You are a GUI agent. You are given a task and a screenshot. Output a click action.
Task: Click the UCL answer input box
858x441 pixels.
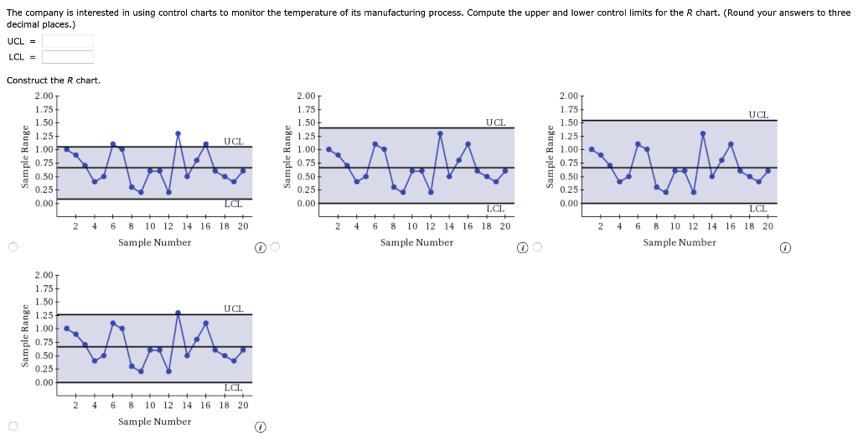tap(67, 41)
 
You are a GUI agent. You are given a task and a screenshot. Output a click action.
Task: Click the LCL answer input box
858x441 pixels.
tap(67, 57)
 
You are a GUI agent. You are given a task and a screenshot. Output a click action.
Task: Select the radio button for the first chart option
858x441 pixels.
tap(12, 247)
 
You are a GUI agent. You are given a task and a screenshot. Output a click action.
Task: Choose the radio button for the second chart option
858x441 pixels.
tap(275, 247)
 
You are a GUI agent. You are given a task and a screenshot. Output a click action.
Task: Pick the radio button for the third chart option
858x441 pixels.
tap(538, 247)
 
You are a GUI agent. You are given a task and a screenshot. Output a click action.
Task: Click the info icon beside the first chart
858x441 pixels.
tap(261, 248)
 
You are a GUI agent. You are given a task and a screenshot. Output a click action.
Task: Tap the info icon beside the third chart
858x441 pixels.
tap(785, 248)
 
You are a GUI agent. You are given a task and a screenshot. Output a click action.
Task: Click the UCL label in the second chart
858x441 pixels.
tap(495, 122)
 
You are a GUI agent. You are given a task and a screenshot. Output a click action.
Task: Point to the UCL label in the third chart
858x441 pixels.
tap(758, 115)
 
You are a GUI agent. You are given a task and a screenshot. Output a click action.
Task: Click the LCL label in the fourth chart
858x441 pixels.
tap(233, 387)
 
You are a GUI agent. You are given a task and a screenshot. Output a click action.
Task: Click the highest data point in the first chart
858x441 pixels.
tap(178, 133)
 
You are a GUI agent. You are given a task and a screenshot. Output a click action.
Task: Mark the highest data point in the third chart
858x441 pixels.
tap(703, 133)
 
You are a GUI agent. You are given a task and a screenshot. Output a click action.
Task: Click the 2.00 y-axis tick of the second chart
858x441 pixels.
tap(306, 97)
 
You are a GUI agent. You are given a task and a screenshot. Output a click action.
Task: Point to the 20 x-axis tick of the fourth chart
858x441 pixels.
tap(243, 405)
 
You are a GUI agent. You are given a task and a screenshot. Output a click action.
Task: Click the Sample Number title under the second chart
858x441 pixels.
tap(416, 242)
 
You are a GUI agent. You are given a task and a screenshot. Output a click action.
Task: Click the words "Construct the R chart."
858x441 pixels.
tap(53, 80)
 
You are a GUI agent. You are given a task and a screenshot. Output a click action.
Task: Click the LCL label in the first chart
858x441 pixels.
tap(233, 204)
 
